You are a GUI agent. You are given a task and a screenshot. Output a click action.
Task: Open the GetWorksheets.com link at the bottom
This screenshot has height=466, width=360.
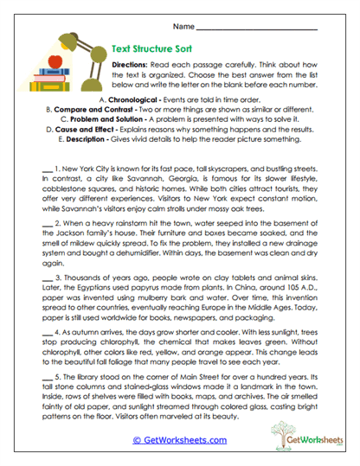tap(179, 440)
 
